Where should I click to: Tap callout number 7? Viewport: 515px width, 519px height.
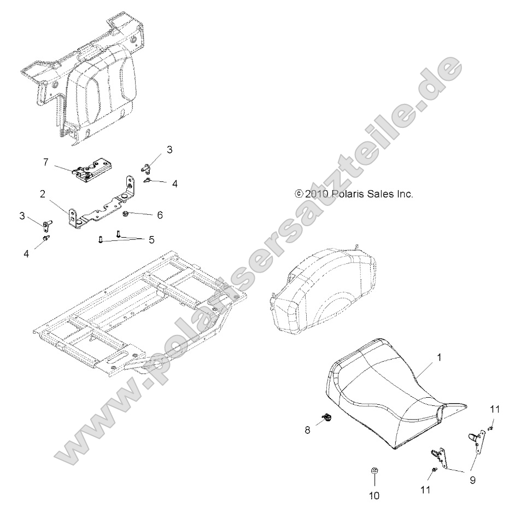[x=46, y=162]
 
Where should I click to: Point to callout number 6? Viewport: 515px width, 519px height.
[x=160, y=215]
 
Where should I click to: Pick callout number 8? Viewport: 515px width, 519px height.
[x=307, y=430]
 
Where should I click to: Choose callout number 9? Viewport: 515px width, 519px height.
[x=472, y=481]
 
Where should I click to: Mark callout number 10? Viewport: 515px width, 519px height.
[x=374, y=496]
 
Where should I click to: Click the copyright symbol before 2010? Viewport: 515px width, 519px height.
[x=299, y=193]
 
